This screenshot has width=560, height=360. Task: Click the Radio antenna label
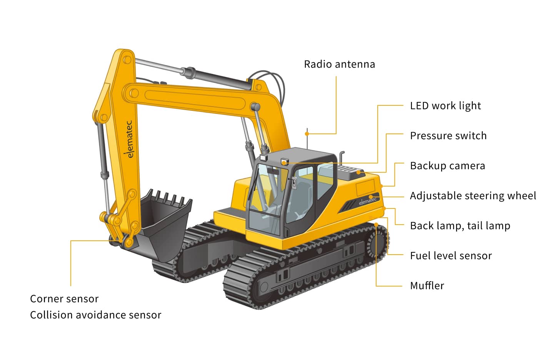[x=339, y=64]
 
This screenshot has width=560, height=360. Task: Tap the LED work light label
[x=445, y=106]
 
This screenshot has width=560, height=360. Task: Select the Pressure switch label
[x=448, y=136]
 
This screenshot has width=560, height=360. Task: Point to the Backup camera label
[x=448, y=166]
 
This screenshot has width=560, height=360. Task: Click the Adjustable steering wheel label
[x=473, y=196]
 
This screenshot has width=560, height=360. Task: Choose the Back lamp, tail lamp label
[x=460, y=226]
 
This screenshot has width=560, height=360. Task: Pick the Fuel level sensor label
[x=451, y=256]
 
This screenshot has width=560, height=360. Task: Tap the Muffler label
[x=427, y=286]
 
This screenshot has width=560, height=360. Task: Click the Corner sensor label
[x=64, y=299]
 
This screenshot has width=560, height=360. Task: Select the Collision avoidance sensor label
[x=95, y=315]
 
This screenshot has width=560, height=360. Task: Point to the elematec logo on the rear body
[x=368, y=201]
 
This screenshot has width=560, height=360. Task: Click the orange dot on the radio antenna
[x=307, y=134]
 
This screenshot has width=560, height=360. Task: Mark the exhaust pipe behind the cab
[x=342, y=158]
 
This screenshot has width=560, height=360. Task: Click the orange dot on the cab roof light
[x=284, y=163]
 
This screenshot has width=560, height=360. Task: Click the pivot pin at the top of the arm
[x=127, y=60]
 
